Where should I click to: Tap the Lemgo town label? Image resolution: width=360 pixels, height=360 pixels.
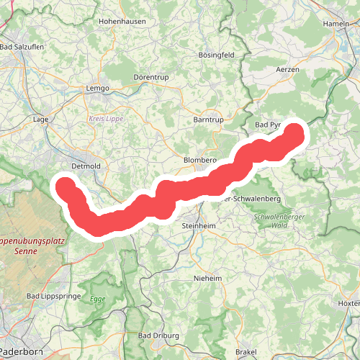97,88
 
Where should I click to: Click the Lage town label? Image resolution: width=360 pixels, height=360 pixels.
40,119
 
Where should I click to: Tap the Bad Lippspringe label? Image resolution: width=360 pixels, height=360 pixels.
53,296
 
